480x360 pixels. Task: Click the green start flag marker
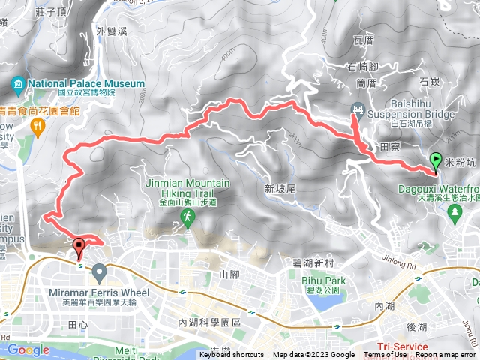[436, 160]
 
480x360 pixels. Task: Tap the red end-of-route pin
[79, 246]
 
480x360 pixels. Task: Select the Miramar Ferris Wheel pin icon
[100, 271]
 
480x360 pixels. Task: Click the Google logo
[28, 349]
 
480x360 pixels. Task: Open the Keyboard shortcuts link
[232, 355]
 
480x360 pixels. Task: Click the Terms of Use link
[385, 355]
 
